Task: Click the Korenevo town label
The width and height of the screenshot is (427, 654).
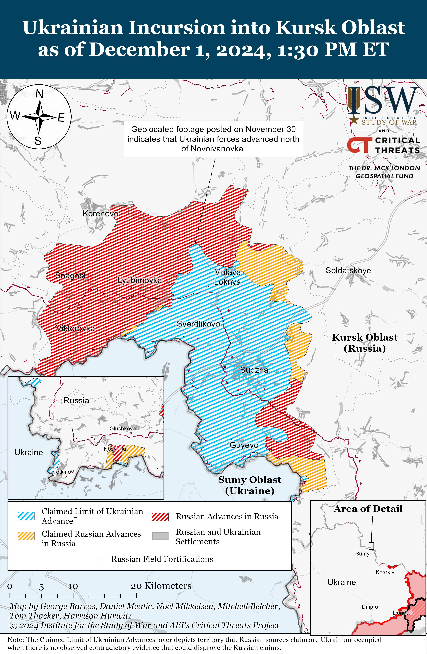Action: [100, 213]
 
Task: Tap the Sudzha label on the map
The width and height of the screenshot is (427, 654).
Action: [254, 370]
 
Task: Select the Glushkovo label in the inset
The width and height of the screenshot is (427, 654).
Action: [122, 428]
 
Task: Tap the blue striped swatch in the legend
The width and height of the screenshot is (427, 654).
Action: [26, 516]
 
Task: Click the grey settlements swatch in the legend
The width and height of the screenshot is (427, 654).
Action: [160, 536]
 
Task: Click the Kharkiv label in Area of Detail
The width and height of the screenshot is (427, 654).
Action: [385, 572]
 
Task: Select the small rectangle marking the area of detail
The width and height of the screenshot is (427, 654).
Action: [371, 546]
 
